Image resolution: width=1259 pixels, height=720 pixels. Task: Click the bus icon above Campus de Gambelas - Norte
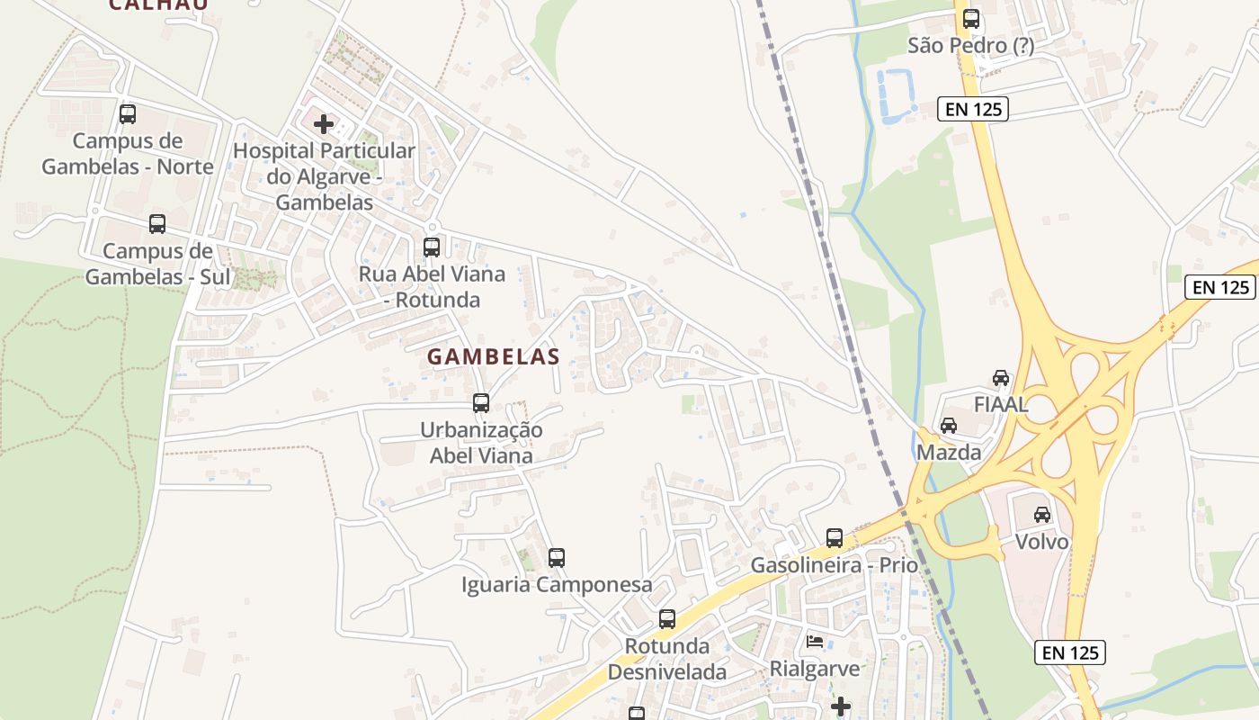coord(128,114)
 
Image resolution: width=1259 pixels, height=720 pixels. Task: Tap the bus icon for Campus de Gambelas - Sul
coord(157,224)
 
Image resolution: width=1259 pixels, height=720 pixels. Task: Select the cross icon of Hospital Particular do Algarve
coord(324,124)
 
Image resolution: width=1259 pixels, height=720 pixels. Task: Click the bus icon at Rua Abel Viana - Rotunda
coord(432,247)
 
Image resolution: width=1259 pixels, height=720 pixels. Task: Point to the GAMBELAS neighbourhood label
coord(493,357)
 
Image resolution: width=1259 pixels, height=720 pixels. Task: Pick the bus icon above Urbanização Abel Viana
coord(481,403)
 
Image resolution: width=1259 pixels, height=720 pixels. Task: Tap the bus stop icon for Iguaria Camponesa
coord(557,558)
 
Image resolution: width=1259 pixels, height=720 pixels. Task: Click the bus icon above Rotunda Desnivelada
coord(666,619)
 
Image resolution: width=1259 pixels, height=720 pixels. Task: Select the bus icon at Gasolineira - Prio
coord(835,538)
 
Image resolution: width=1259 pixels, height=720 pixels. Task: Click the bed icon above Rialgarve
coord(815,642)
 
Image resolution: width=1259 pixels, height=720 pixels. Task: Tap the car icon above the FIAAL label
coord(1001,378)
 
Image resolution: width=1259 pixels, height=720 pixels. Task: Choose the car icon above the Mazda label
coord(948,426)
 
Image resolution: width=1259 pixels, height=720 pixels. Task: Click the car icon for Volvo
coord(1041,515)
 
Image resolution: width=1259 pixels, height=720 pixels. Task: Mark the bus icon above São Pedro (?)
coord(971,19)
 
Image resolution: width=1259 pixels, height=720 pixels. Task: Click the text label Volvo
coord(1041,542)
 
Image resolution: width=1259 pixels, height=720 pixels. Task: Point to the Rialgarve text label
coord(815,669)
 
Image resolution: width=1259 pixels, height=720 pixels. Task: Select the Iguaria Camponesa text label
coord(557,585)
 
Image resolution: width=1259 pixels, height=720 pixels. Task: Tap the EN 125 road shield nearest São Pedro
coord(972,110)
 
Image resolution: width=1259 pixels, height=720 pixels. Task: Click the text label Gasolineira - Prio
coord(835,565)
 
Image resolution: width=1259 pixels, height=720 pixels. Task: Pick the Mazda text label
coord(948,453)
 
